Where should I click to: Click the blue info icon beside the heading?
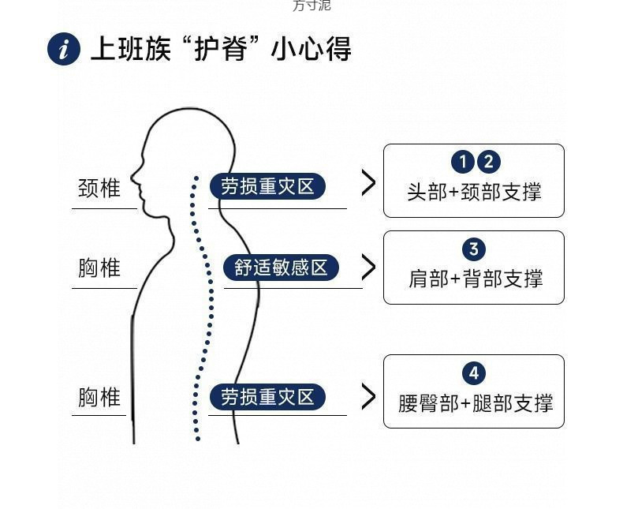[64, 50]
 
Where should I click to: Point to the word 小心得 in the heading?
[311, 49]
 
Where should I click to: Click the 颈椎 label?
[99, 188]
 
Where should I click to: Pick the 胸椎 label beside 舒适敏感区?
[99, 268]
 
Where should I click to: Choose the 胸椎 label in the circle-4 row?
[99, 396]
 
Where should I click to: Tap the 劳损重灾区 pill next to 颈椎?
[267, 186]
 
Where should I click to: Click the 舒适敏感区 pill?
[281, 268]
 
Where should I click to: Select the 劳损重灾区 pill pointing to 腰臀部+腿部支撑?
[267, 396]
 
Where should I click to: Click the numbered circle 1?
[463, 162]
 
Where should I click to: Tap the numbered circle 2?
[489, 162]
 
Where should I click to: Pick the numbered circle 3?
[473, 249]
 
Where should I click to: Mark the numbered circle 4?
[473, 373]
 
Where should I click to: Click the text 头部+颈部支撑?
[474, 192]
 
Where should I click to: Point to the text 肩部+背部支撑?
[475, 279]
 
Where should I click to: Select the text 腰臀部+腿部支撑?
[475, 403]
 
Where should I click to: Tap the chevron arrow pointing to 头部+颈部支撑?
[368, 182]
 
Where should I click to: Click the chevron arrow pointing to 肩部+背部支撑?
[368, 267]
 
